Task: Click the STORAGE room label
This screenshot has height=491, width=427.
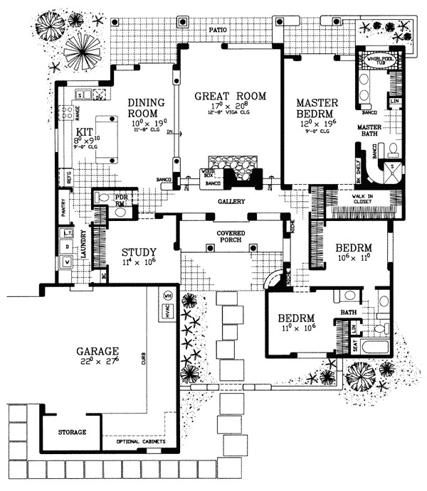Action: [72, 432]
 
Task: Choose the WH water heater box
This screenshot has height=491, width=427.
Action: [168, 296]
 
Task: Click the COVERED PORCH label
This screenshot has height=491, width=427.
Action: [232, 236]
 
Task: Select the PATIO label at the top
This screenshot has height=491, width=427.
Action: [218, 31]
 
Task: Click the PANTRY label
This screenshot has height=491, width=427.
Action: [63, 207]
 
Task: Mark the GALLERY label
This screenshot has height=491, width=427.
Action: [232, 202]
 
